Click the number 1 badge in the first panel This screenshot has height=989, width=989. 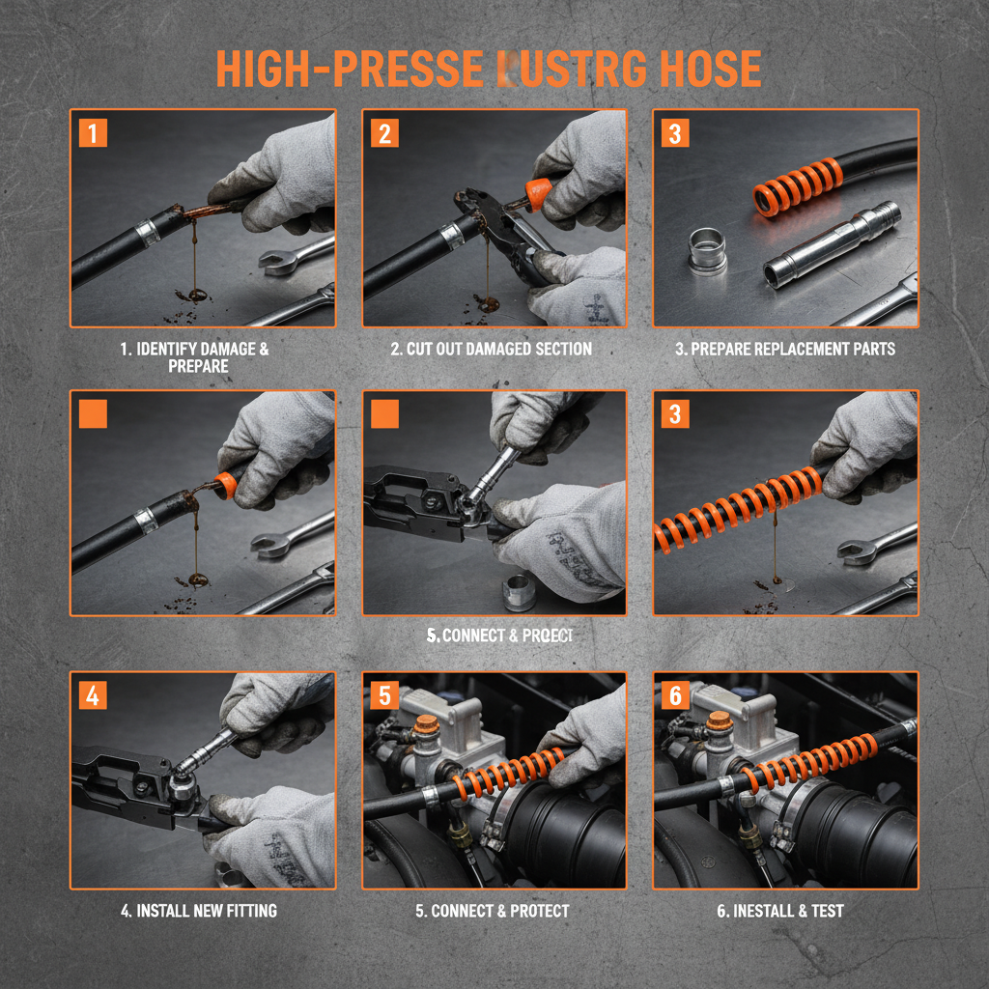(x=93, y=132)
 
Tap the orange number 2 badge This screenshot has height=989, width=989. (x=384, y=132)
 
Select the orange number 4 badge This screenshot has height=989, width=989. (x=93, y=695)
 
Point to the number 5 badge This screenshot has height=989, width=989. (x=384, y=695)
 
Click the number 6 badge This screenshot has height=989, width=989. (x=675, y=695)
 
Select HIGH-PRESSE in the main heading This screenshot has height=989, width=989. (x=349, y=69)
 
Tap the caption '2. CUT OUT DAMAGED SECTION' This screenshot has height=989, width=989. (x=492, y=349)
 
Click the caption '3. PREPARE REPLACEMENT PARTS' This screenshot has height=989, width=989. (x=785, y=349)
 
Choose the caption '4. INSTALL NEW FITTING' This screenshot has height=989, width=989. (x=200, y=911)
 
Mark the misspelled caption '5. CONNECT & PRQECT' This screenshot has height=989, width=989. (x=499, y=636)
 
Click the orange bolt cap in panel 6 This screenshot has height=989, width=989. (x=718, y=721)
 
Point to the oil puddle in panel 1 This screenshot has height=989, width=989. (x=197, y=293)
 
